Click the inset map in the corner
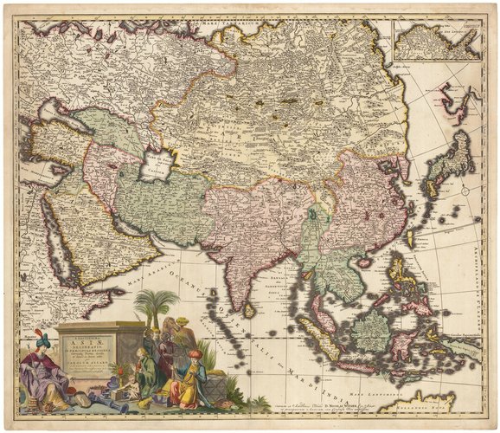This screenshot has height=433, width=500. (x=436, y=40)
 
